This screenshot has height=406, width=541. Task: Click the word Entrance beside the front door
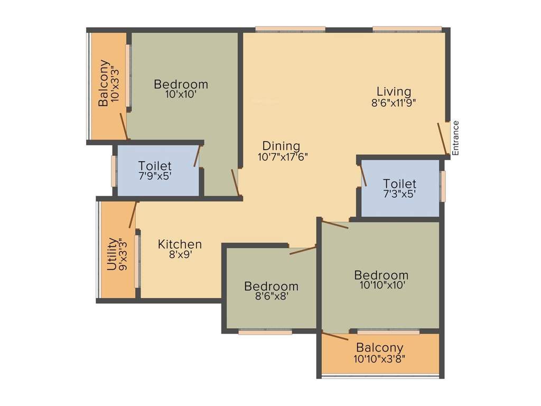pyautogui.click(x=455, y=138)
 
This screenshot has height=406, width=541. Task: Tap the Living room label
pyautogui.click(x=394, y=91)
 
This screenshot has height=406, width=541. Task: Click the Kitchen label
pyautogui.click(x=180, y=244)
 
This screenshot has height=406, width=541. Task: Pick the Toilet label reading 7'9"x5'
pyautogui.click(x=155, y=166)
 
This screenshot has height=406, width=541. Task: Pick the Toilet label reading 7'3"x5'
pyautogui.click(x=399, y=184)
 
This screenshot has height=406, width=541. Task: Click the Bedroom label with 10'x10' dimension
pyautogui.click(x=181, y=84)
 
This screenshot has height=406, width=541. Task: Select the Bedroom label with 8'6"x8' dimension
pyautogui.click(x=271, y=286)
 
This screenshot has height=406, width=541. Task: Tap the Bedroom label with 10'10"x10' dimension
pyautogui.click(x=381, y=275)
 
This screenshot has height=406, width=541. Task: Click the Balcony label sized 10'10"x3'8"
pyautogui.click(x=379, y=348)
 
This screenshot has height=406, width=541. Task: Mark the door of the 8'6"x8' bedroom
pyautogui.click(x=303, y=250)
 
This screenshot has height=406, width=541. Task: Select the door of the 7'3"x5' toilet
pyautogui.click(x=363, y=175)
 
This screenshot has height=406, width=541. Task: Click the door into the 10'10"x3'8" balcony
pyautogui.click(x=335, y=336)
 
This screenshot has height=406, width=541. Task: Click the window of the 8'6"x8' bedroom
pyautogui.click(x=265, y=332)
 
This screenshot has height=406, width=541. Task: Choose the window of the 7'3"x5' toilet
pyautogui.click(x=443, y=186)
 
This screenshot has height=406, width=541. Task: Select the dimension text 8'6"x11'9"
pyautogui.click(x=394, y=103)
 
